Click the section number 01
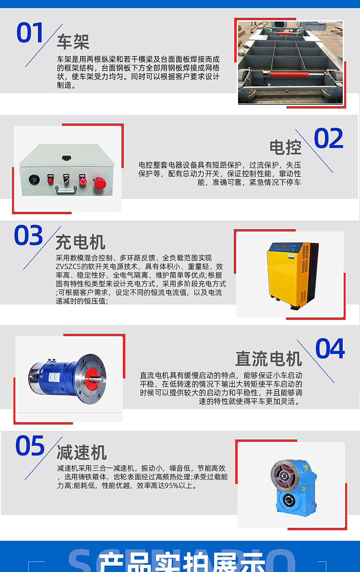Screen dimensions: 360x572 [30, 33]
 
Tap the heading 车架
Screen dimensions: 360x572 [73, 42]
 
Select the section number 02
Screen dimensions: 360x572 [329, 139]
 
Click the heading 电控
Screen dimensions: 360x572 [285, 147]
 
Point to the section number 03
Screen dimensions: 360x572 [28, 235]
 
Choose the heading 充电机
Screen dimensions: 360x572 [81, 242]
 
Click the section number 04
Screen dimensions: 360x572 [330, 349]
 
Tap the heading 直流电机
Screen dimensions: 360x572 [268, 359]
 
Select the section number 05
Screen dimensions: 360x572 [30, 446]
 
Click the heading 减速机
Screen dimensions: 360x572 [82, 453]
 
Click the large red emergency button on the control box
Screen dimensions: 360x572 [99, 183]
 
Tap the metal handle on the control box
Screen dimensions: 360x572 [66, 189]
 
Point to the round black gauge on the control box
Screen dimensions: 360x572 [34, 179]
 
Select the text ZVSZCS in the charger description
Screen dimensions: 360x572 [68, 267]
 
